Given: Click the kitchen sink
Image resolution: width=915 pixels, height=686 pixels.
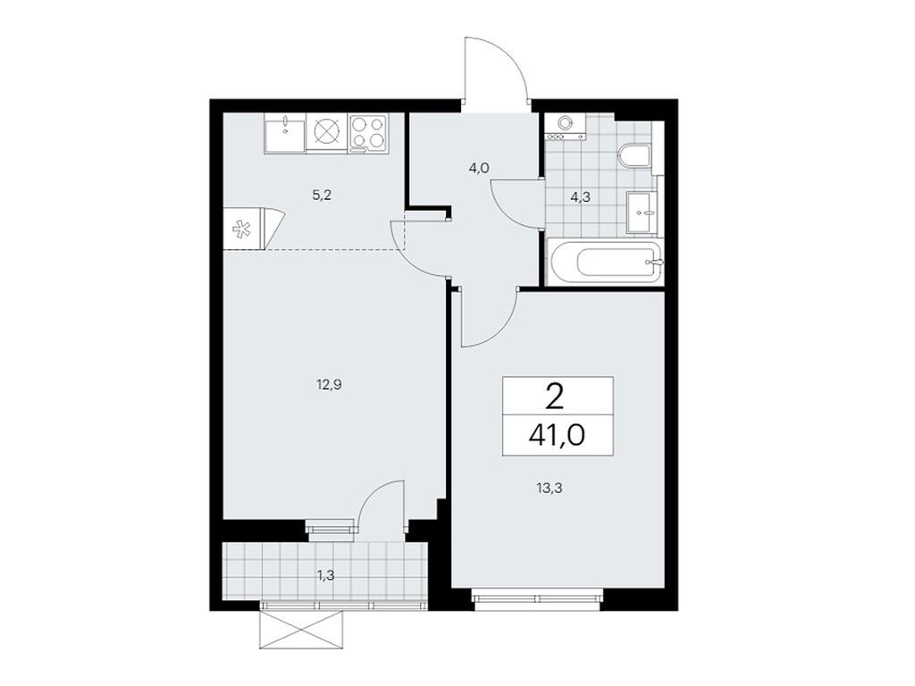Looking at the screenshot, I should [284, 133].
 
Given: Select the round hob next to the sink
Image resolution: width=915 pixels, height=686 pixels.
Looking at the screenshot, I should [326, 133].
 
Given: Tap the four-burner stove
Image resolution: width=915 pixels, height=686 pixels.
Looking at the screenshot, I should [368, 133].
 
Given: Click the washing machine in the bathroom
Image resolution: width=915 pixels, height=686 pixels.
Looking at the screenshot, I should [565, 126].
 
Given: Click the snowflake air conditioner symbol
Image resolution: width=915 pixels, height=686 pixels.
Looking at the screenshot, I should [242, 230].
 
